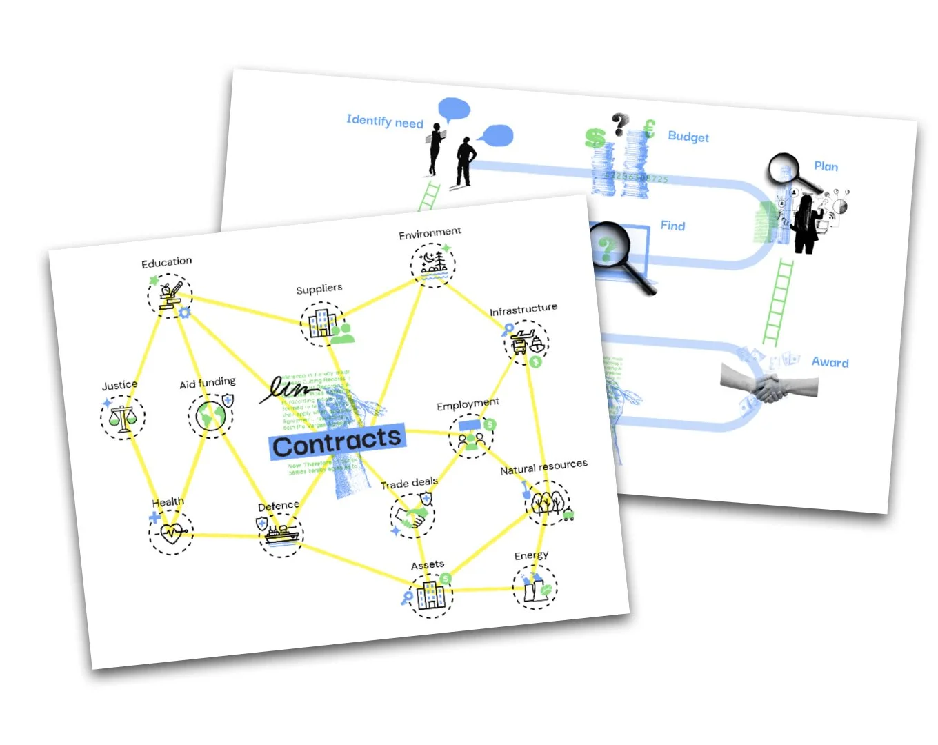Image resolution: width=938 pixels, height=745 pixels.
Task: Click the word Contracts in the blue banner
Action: point(337,442)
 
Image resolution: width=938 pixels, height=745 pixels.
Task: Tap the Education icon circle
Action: point(169,295)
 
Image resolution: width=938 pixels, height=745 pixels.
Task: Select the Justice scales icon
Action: point(123,417)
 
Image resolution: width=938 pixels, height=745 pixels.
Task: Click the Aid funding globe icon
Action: point(210,416)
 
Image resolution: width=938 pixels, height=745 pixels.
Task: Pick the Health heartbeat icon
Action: point(171,532)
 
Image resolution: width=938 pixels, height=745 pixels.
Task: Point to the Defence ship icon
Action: point(281,535)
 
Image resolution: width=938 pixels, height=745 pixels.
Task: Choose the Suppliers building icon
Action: point(322,323)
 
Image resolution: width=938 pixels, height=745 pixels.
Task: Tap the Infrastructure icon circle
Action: point(526,343)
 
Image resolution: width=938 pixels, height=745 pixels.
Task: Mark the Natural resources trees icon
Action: point(548,502)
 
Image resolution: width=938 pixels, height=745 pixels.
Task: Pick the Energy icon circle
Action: point(535,587)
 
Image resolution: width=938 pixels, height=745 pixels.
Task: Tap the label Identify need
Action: point(385,121)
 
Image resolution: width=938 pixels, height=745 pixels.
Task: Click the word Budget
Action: point(688,136)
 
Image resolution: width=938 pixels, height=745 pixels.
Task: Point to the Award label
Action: point(830,362)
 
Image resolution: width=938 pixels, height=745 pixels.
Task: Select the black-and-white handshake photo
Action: point(769,383)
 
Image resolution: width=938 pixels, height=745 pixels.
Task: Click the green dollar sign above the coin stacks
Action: point(595,137)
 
